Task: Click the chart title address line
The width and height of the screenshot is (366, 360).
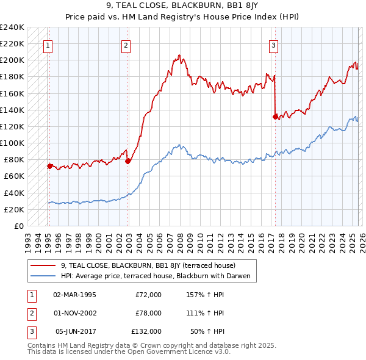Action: tap(183, 7)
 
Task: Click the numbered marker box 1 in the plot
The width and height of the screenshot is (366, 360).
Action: tap(48, 45)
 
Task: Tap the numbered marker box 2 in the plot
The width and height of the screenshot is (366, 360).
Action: tap(126, 45)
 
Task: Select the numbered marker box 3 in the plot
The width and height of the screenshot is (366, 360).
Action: tap(273, 45)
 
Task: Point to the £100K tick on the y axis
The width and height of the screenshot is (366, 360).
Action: tap(12, 143)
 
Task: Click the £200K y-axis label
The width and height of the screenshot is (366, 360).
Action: tap(12, 60)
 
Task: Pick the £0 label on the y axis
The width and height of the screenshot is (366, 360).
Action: tap(18, 226)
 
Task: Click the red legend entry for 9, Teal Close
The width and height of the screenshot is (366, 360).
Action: tap(152, 265)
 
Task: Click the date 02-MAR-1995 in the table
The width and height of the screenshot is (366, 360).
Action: tap(74, 295)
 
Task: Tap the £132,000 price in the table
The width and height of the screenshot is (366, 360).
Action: tap(146, 331)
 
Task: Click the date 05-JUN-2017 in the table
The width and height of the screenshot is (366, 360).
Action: tap(74, 331)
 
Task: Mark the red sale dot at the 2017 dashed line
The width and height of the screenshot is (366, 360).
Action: tap(275, 116)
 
